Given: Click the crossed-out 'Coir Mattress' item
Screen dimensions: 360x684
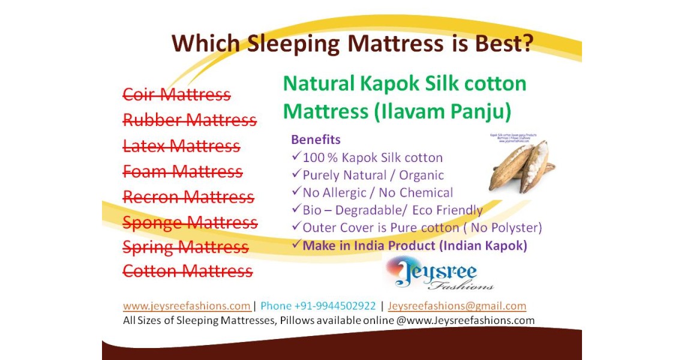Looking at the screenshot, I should [x=176, y=95].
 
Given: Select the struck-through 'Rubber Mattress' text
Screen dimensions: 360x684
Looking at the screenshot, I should [x=190, y=121].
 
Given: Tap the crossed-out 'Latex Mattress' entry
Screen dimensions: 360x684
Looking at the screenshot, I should [x=181, y=146].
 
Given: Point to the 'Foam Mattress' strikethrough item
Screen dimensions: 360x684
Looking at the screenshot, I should [x=182, y=172].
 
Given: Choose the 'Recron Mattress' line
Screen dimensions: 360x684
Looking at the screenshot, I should [x=188, y=197].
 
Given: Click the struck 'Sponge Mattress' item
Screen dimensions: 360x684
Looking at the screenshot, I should [x=190, y=223].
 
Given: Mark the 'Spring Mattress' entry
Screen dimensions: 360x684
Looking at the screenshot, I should [x=185, y=247].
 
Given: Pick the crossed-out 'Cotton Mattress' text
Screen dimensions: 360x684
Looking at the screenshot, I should [x=187, y=271].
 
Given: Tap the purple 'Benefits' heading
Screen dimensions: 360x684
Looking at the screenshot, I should [x=316, y=140].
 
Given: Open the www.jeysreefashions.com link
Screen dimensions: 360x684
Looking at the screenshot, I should [x=187, y=306].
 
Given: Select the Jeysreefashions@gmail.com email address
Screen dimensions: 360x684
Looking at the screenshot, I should [x=457, y=306].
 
